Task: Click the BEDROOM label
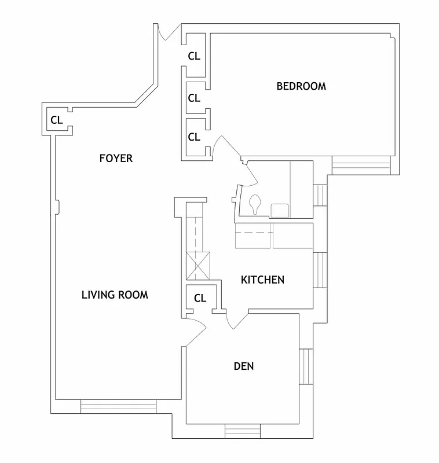[x=301, y=87]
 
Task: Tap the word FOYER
[x=116, y=158]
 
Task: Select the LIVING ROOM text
[x=115, y=295]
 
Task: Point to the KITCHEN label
[x=262, y=280]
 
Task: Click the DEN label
[x=244, y=366]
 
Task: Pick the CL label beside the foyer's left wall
[x=56, y=120]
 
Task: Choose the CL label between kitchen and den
[x=200, y=299]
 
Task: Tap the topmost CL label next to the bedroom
[x=194, y=57]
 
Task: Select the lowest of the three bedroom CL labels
[x=194, y=137]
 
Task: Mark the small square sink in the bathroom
[x=279, y=210]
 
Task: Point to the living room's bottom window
[x=118, y=407]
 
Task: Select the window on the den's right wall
[x=305, y=368]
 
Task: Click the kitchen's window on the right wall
[x=320, y=270]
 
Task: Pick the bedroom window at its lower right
[x=361, y=166]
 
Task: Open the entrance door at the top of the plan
[x=168, y=33]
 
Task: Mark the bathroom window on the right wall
[x=320, y=196]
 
